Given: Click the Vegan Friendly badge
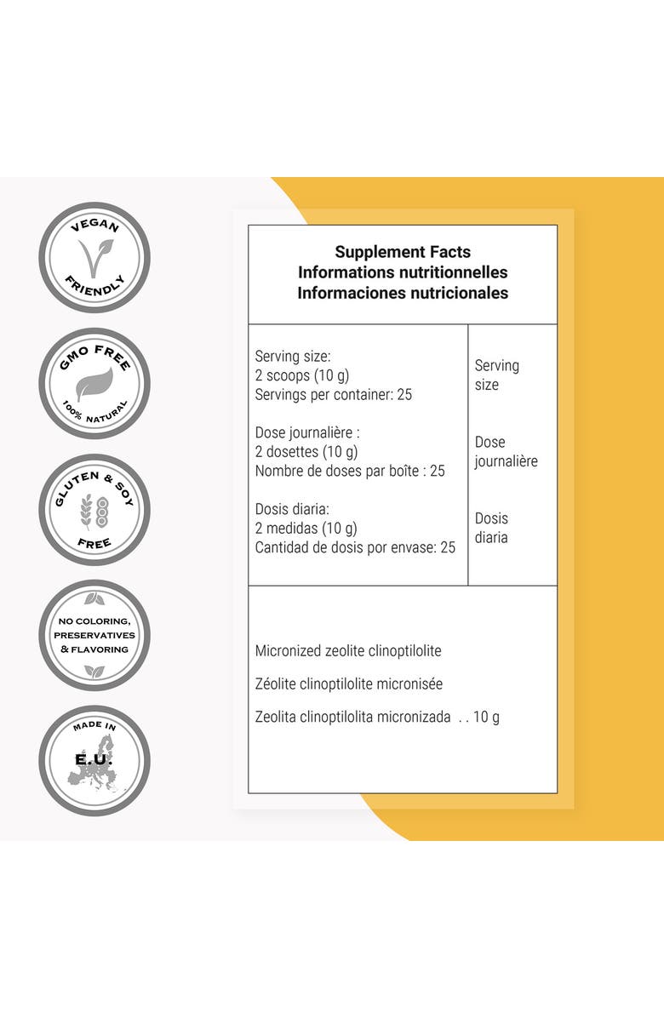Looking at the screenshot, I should click(94, 258).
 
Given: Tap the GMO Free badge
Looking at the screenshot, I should click(94, 384).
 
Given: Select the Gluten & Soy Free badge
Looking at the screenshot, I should click(94, 510).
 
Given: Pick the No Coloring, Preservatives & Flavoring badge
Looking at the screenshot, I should click(94, 635).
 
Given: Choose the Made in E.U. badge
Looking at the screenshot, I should click(94, 761).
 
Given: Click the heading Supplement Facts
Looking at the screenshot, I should click(403, 252).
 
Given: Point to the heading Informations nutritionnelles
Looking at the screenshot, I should click(403, 272).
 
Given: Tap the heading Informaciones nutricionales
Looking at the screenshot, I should click(403, 293).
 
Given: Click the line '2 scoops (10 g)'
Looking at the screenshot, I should click(302, 375).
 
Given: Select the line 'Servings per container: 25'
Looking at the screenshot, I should click(334, 395).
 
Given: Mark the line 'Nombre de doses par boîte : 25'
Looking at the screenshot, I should click(350, 471).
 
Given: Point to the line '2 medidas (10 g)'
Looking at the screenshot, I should click(306, 529).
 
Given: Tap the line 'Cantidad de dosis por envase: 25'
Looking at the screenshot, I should click(355, 547).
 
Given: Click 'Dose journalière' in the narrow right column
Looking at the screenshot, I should click(507, 452).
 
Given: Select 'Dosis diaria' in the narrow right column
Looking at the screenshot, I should click(491, 528).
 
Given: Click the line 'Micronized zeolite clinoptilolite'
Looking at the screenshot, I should click(348, 651).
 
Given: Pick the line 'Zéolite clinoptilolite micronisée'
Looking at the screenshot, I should click(349, 684).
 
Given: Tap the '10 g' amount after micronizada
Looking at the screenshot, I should click(486, 717).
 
